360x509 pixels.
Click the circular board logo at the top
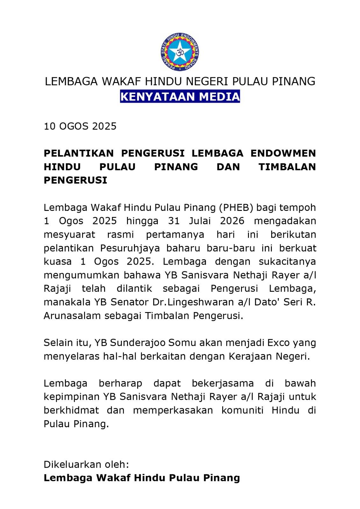[180, 52]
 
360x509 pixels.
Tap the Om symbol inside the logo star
[180, 52]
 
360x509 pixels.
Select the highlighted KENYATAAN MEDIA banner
[180, 96]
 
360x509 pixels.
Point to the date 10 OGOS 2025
[80, 126]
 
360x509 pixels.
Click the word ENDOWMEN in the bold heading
[283, 153]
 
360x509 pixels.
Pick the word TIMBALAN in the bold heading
[287, 167]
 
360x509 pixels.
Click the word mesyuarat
[69, 235]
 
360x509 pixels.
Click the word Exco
[278, 343]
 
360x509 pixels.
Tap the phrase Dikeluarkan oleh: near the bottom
[86, 464]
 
